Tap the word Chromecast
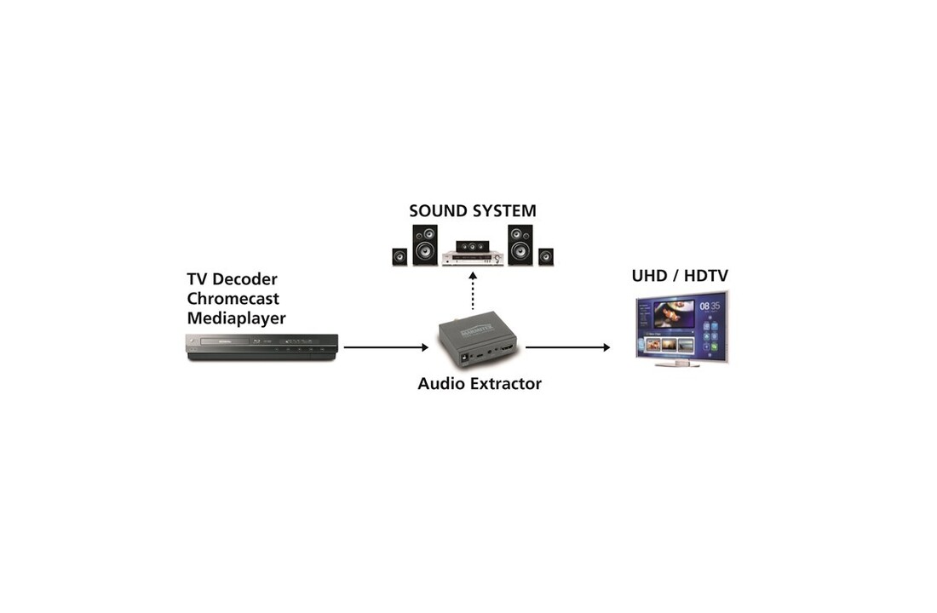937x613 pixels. pos(233,299)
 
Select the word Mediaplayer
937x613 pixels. pos(236,318)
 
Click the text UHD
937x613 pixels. pos(650,276)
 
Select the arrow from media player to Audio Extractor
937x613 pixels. pos(386,347)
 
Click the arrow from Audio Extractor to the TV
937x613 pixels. pos(567,347)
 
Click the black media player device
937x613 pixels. pos(262,347)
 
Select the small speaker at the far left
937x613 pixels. pos(400,256)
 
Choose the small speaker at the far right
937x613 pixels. pos(545,256)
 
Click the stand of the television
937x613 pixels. pos(677,364)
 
